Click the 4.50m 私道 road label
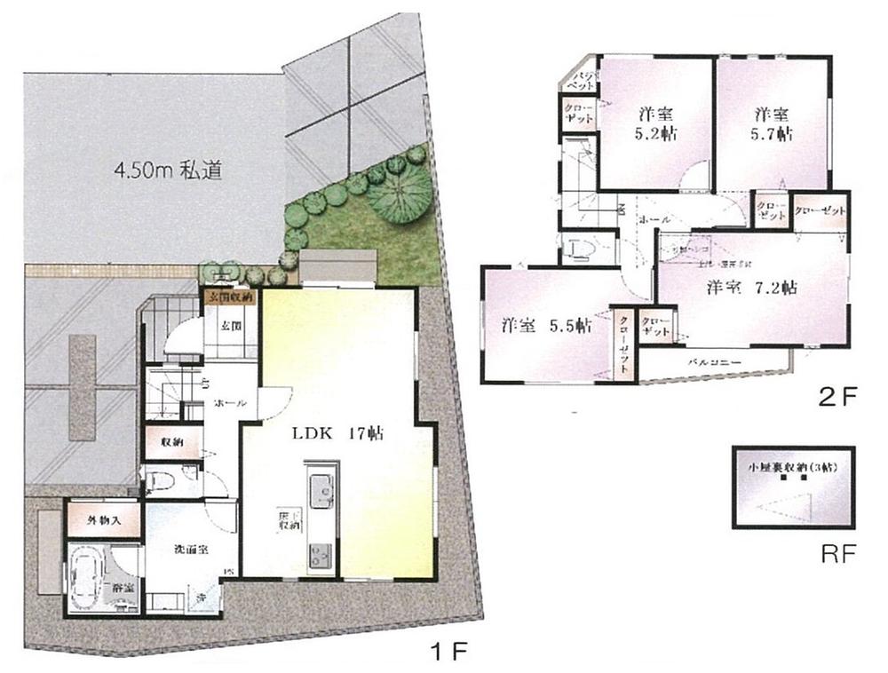click(x=164, y=168)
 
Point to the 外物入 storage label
click(x=103, y=520)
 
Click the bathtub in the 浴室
click(x=90, y=577)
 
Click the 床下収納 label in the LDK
click(x=287, y=523)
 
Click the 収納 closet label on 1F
click(x=171, y=441)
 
